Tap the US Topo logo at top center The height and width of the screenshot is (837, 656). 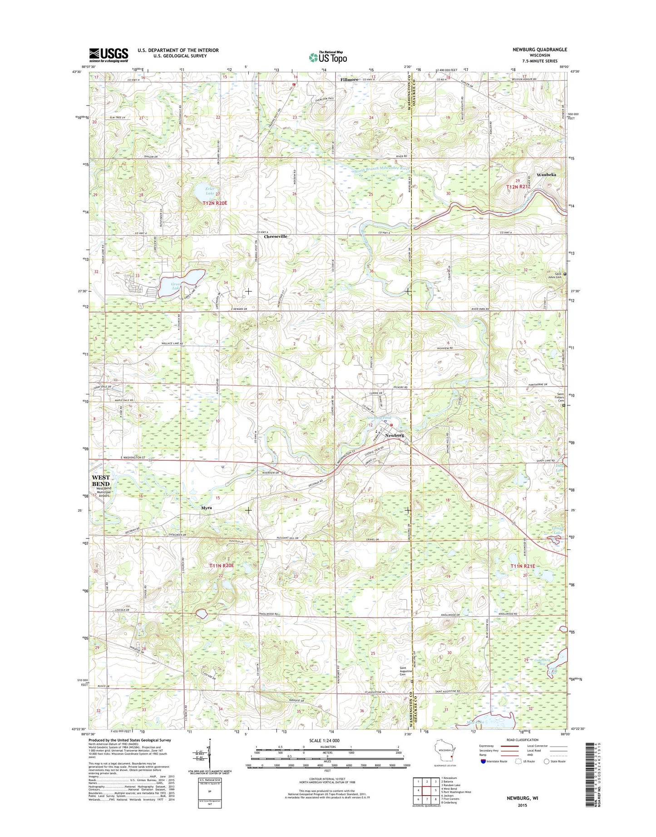(328, 57)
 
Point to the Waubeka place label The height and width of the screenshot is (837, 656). (546, 174)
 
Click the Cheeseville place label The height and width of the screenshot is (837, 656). (276, 237)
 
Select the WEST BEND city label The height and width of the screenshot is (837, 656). (100, 481)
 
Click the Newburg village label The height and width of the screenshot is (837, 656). (394, 435)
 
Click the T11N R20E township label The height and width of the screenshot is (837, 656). (222, 565)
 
